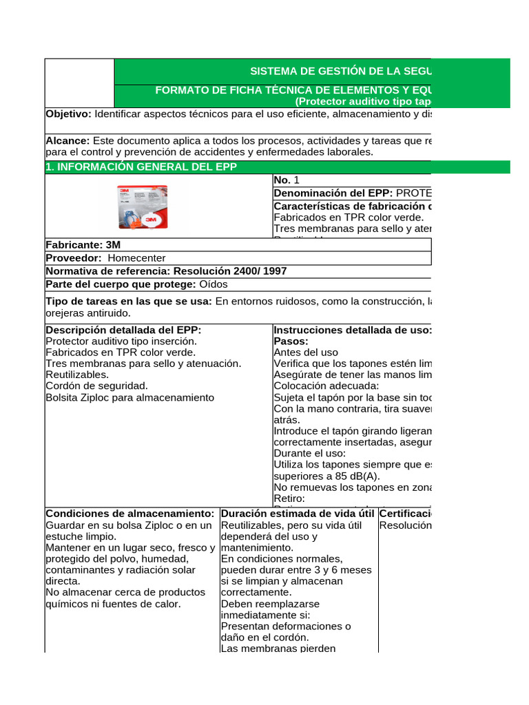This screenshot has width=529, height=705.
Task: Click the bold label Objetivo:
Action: [68, 114]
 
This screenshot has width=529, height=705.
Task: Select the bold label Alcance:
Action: [68, 140]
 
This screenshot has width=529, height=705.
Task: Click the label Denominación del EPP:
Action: [333, 193]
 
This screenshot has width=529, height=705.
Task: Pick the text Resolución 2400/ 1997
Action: [229, 271]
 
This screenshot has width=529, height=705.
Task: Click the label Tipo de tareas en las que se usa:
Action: [129, 302]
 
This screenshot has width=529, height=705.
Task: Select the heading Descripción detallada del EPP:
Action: [123, 330]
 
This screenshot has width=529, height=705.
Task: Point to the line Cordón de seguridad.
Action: [96, 386]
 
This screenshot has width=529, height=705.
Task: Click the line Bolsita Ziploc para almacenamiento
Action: [129, 397]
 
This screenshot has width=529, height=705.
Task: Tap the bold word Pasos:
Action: [291, 341]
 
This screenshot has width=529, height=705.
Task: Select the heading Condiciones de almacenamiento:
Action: [131, 514]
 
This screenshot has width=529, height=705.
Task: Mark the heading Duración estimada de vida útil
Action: [298, 514]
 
